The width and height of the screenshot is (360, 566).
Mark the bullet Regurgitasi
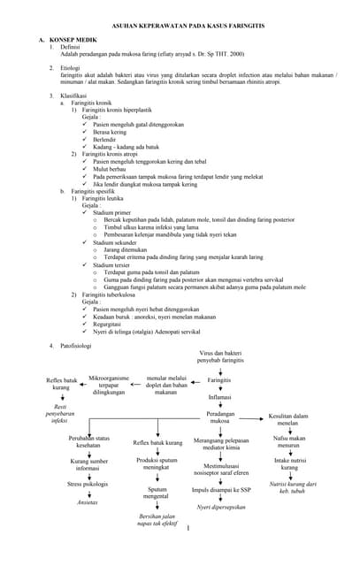[x=111, y=324]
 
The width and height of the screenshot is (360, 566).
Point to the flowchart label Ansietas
[x=88, y=502]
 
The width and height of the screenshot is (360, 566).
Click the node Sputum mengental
[x=157, y=493]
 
